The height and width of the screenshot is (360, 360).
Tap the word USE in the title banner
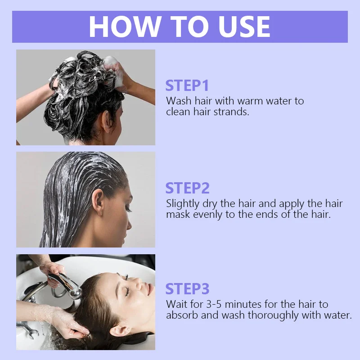coord(244,27)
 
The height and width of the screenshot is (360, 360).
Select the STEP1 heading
coord(187,85)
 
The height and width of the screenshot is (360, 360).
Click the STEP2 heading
coord(187,188)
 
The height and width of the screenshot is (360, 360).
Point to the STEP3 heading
coord(187,288)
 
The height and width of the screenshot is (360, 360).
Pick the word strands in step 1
coord(231,112)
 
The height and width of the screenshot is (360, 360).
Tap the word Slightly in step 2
coord(183,204)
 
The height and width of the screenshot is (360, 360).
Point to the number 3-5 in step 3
coord(214,305)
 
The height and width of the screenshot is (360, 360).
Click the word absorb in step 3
coord(182,315)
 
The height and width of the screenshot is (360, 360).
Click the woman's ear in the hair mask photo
coord(98,202)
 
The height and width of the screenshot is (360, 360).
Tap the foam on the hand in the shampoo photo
coord(114,71)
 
